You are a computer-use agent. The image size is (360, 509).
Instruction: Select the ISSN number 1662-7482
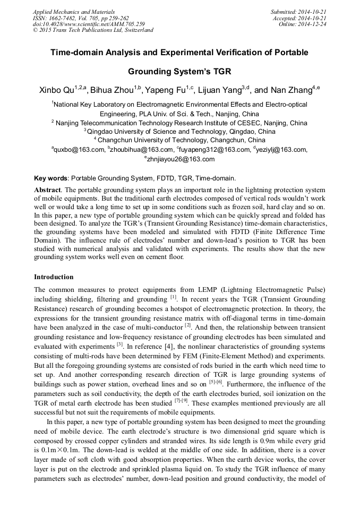pos(67,18)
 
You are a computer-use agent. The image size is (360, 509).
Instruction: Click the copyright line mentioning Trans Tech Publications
pos(93,30)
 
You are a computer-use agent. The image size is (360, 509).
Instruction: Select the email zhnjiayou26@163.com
pos(181,159)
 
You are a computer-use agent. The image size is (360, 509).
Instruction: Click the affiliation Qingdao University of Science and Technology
pos(181,131)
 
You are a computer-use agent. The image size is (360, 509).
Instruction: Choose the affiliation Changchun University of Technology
pos(181,140)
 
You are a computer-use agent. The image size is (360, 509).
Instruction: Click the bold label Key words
pos(51,178)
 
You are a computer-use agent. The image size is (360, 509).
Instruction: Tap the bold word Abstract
pos(48,189)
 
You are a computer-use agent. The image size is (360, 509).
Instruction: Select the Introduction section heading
pos(54,277)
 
